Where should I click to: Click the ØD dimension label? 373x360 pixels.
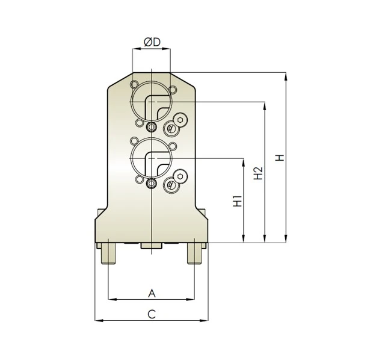coord(152,42)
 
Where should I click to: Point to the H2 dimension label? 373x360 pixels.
coord(259,173)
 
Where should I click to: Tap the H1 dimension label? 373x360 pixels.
coord(238,200)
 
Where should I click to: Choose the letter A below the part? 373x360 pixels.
coord(152,293)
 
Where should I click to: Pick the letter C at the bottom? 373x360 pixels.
coord(152,314)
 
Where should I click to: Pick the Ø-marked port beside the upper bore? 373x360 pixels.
coord(171,128)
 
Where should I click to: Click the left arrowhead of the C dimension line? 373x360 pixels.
coord(98,320)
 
